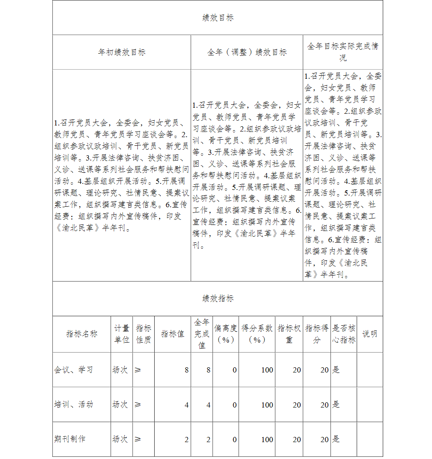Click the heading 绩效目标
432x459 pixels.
[218, 18]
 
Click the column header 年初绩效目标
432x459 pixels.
[122, 52]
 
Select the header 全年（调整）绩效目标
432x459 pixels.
[247, 52]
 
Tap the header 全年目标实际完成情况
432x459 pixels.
[343, 52]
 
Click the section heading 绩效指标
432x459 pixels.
[218, 299]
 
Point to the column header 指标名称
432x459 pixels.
[82, 334]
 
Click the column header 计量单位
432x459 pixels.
[122, 334]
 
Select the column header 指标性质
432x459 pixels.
[143, 334]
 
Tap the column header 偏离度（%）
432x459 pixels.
[226, 334]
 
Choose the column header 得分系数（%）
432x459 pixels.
[257, 334]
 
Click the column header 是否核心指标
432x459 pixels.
[344, 334]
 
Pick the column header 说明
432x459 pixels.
[369, 334]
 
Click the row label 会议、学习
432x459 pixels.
[73, 370]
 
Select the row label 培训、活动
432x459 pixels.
[73, 404]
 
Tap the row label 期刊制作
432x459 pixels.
[70, 439]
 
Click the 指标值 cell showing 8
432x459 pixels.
[187, 370]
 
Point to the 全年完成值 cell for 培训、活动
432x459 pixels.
[208, 405]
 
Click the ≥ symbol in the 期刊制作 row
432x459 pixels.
[138, 439]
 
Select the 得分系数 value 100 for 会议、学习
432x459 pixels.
[267, 370]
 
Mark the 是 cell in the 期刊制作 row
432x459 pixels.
[336, 439]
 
